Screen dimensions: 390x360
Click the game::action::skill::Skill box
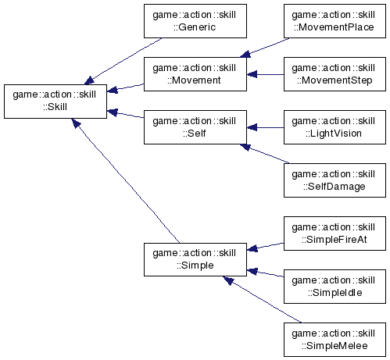55,102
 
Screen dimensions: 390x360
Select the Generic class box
195,21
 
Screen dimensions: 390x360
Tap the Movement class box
195,74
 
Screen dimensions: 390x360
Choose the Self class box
195,127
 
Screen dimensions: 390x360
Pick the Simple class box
195,259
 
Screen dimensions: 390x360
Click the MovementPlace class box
335,21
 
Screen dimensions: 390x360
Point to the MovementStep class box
335,74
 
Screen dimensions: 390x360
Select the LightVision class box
335,127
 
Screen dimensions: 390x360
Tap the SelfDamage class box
335,180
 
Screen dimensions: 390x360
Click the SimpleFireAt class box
335,233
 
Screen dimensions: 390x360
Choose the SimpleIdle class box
335,287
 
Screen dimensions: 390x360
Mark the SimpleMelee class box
335,340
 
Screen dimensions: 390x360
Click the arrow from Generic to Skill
123,61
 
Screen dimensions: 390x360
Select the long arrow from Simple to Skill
126,180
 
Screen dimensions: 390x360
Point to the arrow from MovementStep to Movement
265,74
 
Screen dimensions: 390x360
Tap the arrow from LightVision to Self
265,127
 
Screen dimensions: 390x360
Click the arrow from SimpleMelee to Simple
263,300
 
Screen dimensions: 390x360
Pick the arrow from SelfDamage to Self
264,154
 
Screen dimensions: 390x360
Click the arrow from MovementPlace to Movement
264,48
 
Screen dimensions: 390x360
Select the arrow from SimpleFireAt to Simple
265,247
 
